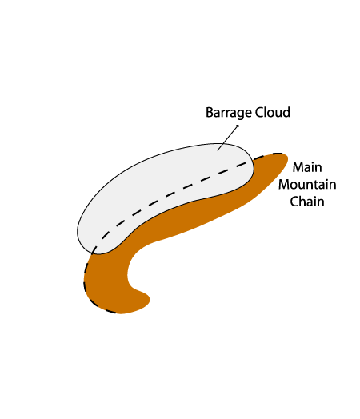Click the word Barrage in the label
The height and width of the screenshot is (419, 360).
(x=229, y=113)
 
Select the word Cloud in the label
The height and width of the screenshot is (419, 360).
(x=273, y=112)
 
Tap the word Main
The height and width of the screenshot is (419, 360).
(x=307, y=167)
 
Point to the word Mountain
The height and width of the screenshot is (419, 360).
(x=307, y=185)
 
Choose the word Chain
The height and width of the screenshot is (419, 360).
(x=307, y=202)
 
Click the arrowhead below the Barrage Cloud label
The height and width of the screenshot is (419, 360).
(x=238, y=126)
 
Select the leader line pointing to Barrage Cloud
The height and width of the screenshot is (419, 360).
(x=228, y=138)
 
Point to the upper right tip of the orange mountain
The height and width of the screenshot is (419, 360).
(x=286, y=156)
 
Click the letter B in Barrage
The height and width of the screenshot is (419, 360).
(x=210, y=112)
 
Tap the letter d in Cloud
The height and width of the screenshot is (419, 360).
(x=286, y=112)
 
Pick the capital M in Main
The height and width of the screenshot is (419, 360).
(x=298, y=167)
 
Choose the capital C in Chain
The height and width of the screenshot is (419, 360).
(x=294, y=202)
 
